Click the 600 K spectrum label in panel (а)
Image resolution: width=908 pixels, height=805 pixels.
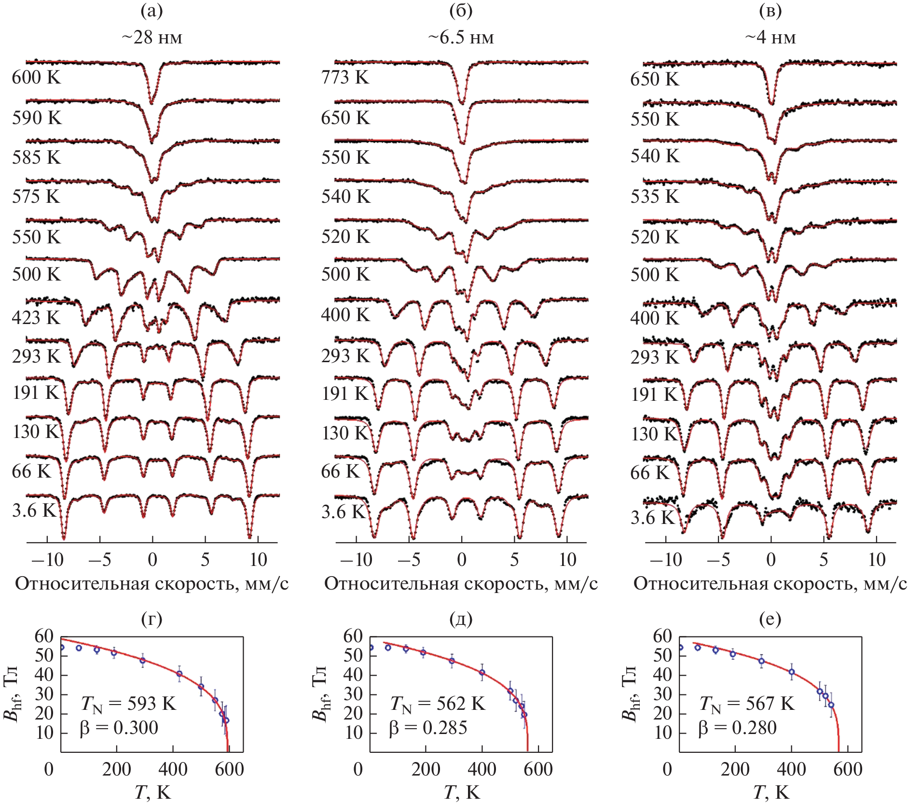tap(37, 77)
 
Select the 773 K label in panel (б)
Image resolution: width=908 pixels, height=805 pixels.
tap(345, 77)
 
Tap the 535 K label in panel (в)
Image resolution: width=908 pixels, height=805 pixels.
tap(655, 197)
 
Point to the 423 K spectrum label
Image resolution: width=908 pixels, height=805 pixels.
tap(37, 317)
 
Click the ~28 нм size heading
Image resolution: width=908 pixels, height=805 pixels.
tap(151, 37)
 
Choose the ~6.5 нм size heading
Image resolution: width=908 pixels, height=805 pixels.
tap(461, 37)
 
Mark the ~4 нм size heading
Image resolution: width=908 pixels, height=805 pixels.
tap(770, 37)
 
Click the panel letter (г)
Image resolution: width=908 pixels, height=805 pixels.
tap(151, 619)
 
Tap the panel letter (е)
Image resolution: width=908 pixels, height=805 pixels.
tap(770, 619)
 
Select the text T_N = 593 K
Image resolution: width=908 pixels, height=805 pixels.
tap(128, 704)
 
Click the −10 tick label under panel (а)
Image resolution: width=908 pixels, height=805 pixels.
tap(47, 560)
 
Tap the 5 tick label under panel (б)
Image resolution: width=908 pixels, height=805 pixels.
tap(514, 560)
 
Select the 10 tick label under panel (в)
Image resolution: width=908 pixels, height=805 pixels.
tap(877, 560)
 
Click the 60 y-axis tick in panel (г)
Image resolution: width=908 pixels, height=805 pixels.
tap(43, 636)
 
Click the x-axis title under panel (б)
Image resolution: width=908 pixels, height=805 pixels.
tap(461, 584)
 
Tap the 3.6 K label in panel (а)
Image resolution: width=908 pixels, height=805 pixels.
tap(34, 510)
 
